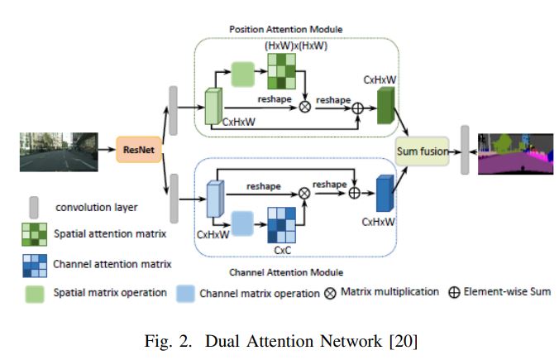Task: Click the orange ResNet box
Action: click(x=138, y=151)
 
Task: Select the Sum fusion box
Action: click(x=422, y=151)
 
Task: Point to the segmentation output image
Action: click(x=512, y=151)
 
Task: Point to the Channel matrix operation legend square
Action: click(x=186, y=292)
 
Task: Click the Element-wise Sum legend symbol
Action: click(x=454, y=292)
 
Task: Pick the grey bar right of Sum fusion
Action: click(x=465, y=151)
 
